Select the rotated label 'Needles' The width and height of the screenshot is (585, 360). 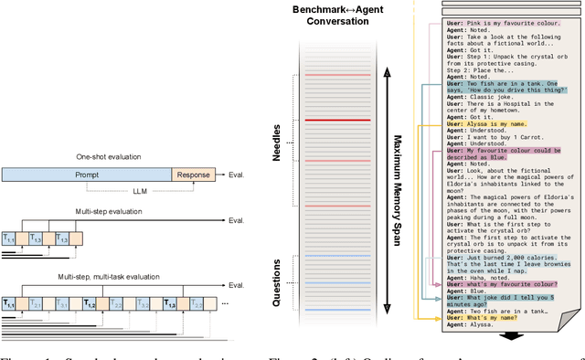[x=278, y=138]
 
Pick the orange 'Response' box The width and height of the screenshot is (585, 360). [x=192, y=175]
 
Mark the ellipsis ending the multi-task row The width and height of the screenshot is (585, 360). [x=226, y=302]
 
